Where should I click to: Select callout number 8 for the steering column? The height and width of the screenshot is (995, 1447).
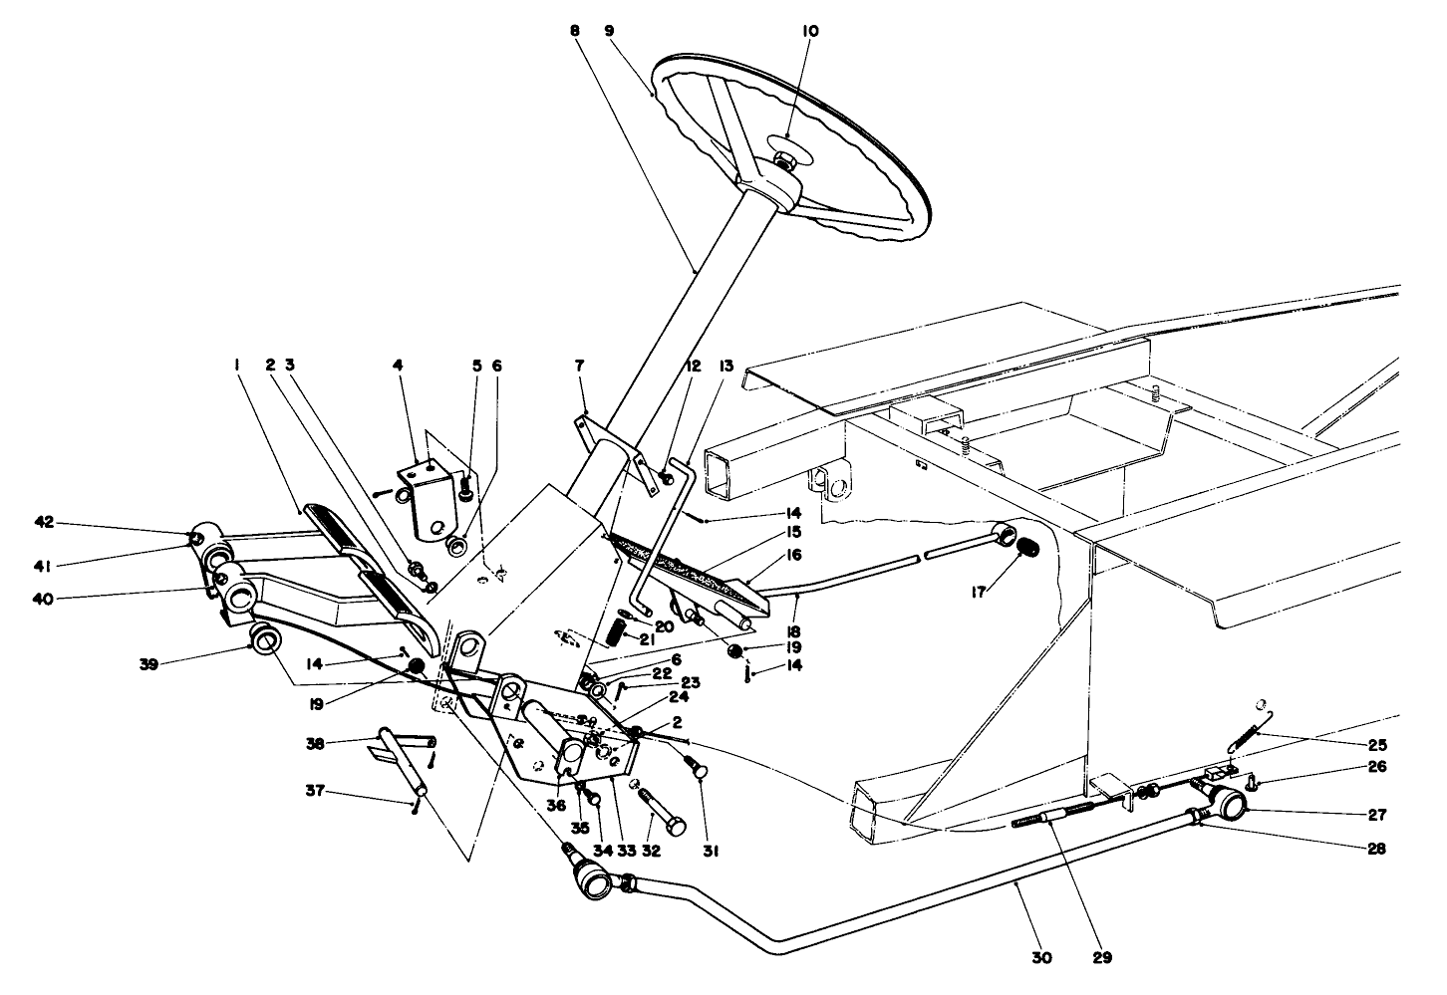click(575, 32)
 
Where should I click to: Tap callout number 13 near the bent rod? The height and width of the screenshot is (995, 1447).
click(724, 367)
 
